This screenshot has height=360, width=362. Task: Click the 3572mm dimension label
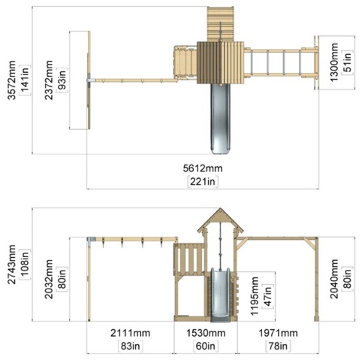(x=11, y=80)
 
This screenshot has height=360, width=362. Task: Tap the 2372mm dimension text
(x=49, y=80)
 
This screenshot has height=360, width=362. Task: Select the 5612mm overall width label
(x=203, y=168)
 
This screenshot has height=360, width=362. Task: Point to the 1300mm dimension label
(x=334, y=62)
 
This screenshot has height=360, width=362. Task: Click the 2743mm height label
(x=11, y=265)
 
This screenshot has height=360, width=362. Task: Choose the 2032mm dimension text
(x=49, y=279)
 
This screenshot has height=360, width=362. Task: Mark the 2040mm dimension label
(x=334, y=279)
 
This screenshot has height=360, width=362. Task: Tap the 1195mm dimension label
(x=254, y=296)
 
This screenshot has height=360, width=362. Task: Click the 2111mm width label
(x=130, y=333)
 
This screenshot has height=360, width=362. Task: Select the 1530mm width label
(x=206, y=333)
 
